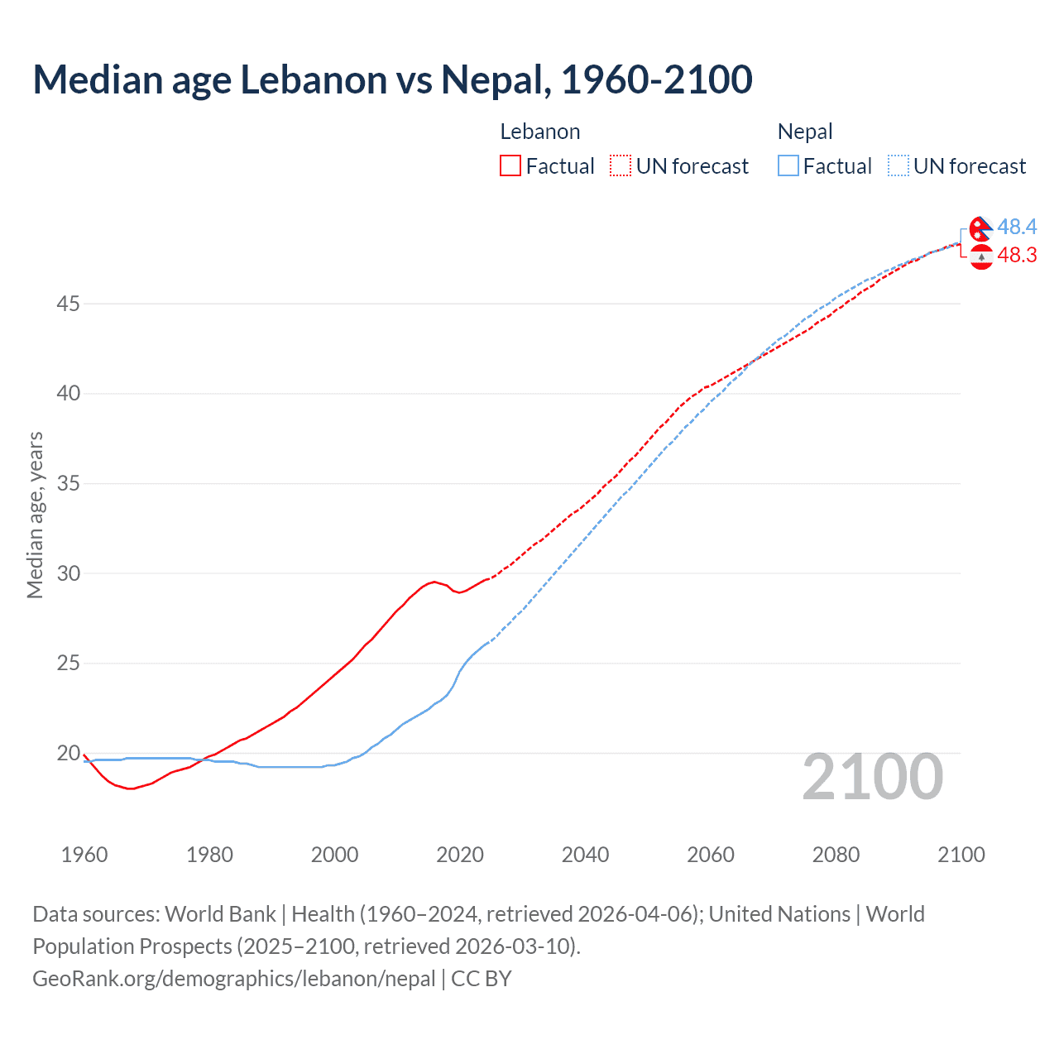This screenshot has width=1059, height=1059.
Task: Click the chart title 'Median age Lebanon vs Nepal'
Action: coord(392,79)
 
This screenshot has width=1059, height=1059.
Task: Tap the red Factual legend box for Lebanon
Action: coord(510,166)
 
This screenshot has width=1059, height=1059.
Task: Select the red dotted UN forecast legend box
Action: coord(621,166)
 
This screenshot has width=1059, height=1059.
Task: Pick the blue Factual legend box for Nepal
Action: coord(788,166)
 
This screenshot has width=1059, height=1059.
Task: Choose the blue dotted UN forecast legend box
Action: coord(898,166)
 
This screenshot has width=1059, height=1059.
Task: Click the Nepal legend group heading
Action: coord(805,132)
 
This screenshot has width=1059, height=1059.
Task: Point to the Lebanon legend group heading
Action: coord(540,132)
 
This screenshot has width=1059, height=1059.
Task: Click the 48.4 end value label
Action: coord(1017,227)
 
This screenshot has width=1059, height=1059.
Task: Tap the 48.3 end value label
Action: coord(1017,255)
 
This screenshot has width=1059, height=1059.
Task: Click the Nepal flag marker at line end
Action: coord(981,228)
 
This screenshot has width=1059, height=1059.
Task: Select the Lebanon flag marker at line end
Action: coord(981,257)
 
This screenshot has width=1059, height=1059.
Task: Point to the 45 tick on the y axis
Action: coord(68,304)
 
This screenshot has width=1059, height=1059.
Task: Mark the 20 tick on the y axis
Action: coord(68,753)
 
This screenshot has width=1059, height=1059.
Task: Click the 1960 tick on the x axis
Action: coord(84,855)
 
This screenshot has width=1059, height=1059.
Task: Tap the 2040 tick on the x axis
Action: coord(585,855)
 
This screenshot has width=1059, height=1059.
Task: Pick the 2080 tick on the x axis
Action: coord(836,855)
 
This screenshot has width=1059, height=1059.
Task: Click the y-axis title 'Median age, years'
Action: coord(35,515)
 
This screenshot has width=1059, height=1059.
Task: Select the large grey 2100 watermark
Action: coord(872,777)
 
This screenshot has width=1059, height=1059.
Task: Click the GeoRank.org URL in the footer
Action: coord(233,979)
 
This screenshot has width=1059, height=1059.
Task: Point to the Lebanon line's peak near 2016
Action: coord(434,582)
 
